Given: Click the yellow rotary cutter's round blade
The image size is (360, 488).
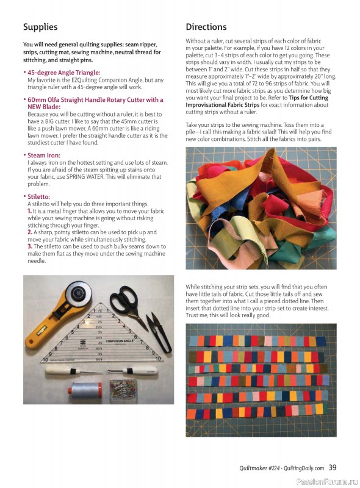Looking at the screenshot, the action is pyautogui.click(x=77, y=294).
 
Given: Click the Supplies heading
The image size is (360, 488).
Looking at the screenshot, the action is pyautogui.click(x=40, y=27).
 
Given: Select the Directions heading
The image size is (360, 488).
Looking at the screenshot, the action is pyautogui.click(x=206, y=27).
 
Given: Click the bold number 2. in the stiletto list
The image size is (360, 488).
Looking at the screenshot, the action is pyautogui.click(x=30, y=232).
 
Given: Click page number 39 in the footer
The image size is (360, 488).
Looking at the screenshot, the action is pyautogui.click(x=333, y=468).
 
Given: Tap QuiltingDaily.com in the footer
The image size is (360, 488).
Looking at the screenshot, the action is pyautogui.click(x=302, y=468).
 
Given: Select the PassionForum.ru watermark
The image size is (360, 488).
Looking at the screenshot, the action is pyautogui.click(x=326, y=481).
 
